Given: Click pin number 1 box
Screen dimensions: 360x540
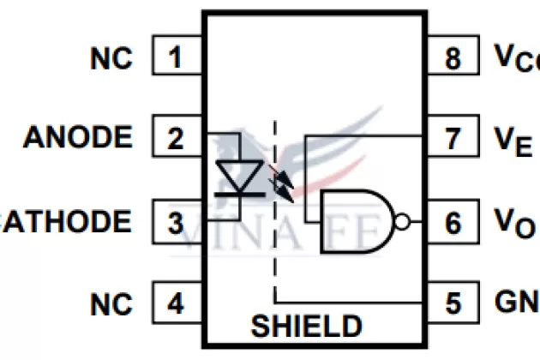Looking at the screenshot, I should (177, 58).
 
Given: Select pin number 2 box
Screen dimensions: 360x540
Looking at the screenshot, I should (177, 138).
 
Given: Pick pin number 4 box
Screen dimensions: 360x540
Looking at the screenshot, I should (177, 304).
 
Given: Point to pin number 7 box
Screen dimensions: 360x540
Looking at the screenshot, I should (453, 138).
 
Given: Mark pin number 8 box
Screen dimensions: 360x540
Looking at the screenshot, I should (453, 58).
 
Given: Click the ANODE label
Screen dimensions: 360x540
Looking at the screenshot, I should (78, 138).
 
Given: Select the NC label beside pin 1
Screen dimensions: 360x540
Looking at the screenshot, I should (111, 58).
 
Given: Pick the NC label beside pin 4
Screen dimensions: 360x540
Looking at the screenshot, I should (111, 304).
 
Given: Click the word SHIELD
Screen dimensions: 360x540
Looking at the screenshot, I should (306, 327).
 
